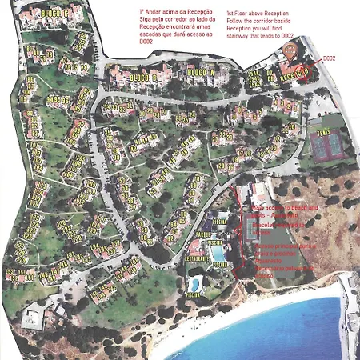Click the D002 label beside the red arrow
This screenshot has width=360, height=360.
click(329, 58)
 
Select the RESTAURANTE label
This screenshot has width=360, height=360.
click(198, 258)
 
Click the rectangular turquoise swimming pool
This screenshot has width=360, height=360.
click(217, 254)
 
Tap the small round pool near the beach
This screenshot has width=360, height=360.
click(194, 284)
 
